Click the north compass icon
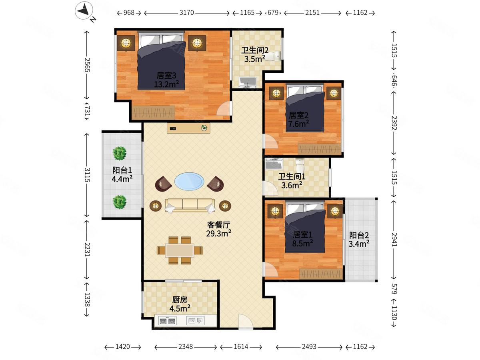(x=84, y=10)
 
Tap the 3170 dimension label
(x=186, y=13)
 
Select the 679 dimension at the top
(x=273, y=13)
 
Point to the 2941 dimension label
(x=394, y=239)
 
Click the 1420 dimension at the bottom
(x=122, y=347)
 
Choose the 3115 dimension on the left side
(x=87, y=175)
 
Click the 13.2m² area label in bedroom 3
(x=166, y=84)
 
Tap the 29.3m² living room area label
(x=218, y=234)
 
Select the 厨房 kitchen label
(x=180, y=300)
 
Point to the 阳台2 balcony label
(x=359, y=235)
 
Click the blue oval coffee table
(x=189, y=181)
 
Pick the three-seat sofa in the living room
(x=190, y=206)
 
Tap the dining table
(x=180, y=250)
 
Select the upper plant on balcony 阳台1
(x=120, y=153)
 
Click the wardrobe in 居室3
(x=153, y=112)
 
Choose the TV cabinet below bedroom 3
(x=188, y=128)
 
